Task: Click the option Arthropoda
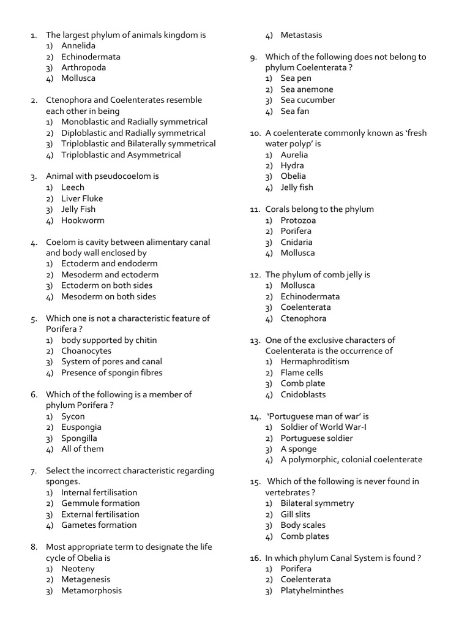point(83,67)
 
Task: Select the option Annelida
point(78,45)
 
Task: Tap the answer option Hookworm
point(83,220)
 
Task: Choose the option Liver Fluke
point(82,198)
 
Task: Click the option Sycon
point(73,416)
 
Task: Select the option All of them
point(83,449)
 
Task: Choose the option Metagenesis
point(86,580)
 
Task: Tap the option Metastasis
point(301,35)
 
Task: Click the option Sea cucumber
point(308,100)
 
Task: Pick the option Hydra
point(292,165)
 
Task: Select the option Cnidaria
point(296,242)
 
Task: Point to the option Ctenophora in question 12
point(304,318)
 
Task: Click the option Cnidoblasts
point(303,394)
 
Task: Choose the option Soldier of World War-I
point(324,427)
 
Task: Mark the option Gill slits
point(296,514)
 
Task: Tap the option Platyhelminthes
point(312,590)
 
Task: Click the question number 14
point(255,416)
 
